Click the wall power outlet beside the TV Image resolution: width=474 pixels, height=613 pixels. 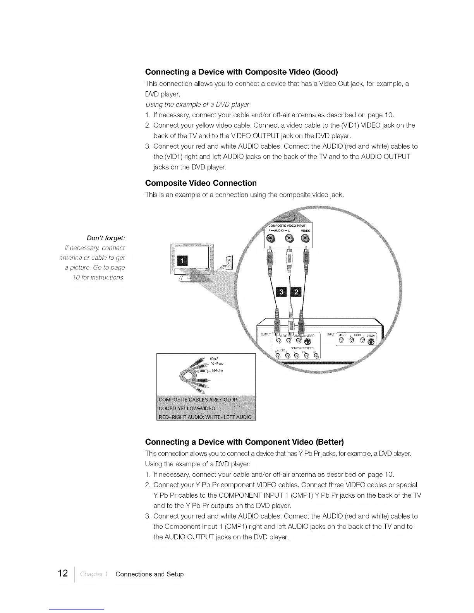(229, 264)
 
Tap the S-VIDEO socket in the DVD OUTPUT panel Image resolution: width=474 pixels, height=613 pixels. (308, 342)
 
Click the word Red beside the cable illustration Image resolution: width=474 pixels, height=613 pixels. (213, 358)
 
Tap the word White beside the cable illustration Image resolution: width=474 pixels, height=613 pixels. (217, 371)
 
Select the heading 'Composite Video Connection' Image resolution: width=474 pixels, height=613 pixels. (201, 183)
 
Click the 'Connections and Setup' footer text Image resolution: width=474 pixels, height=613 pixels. (149, 574)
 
